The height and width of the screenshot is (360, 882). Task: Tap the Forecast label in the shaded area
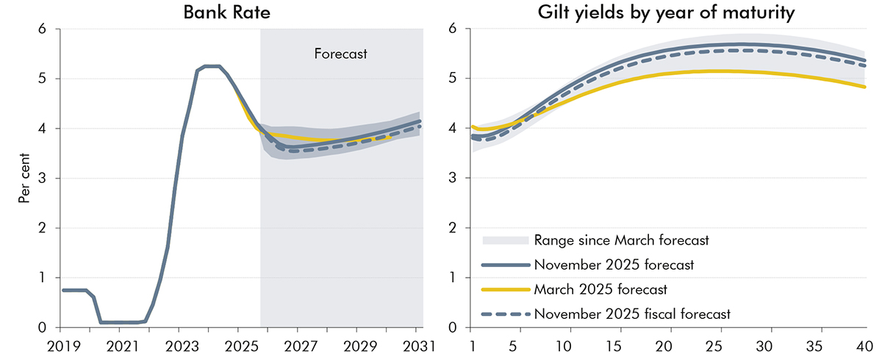point(340,54)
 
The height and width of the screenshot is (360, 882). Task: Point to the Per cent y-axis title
point(24,178)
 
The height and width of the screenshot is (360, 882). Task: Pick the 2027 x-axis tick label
point(300,345)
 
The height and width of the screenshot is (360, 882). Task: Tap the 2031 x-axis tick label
point(418,345)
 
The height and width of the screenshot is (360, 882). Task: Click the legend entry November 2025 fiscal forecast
point(632,314)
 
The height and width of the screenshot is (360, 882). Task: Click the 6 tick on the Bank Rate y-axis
point(43,29)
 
